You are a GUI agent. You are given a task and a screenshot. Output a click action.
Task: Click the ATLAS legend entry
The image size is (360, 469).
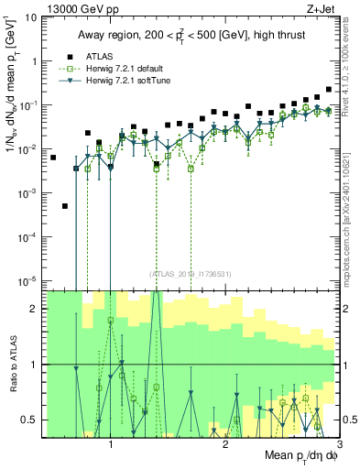[98, 56]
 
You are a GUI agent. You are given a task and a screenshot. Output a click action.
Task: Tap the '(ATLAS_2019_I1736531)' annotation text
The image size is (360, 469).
[191, 272]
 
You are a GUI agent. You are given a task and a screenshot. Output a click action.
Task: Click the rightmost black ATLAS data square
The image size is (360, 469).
[328, 90]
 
